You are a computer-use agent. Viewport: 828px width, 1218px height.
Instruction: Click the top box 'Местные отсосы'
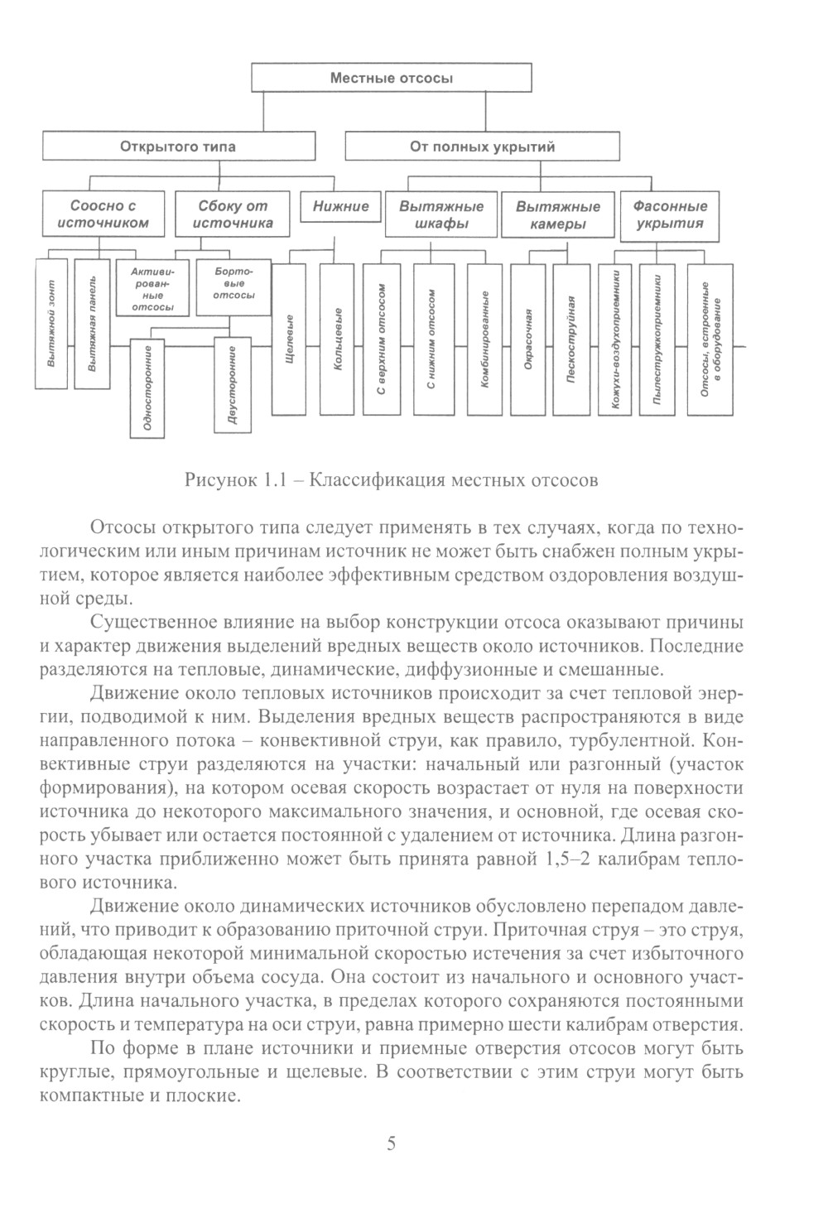point(391,79)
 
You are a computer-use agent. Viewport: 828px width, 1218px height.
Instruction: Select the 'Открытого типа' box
point(178,147)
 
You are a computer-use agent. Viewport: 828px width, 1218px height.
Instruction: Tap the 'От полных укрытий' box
point(482,147)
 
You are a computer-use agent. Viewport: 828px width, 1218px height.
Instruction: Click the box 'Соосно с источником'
point(103,214)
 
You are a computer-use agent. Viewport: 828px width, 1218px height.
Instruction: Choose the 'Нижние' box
point(340,206)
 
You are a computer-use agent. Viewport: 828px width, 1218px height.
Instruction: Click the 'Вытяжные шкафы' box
point(441,214)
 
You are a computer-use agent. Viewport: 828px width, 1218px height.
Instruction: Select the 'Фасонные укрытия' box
point(670,214)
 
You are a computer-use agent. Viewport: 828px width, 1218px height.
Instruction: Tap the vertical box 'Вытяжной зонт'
point(51,324)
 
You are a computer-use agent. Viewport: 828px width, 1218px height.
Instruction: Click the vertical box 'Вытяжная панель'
point(92,324)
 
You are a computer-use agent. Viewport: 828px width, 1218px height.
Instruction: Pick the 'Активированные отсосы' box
point(152,288)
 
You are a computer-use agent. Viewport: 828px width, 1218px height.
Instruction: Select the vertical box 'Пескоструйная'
point(571,339)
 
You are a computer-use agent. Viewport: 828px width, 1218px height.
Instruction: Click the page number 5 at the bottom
point(392,1145)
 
